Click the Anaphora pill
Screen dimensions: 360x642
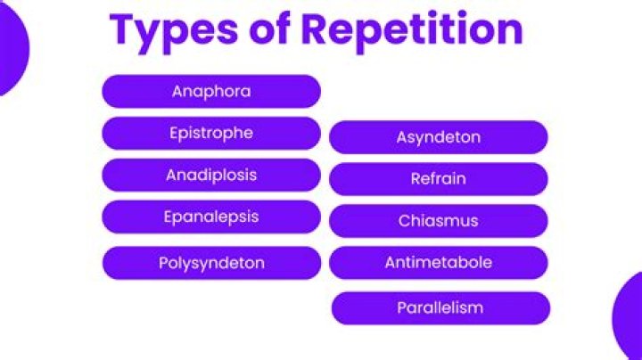pyautogui.click(x=210, y=91)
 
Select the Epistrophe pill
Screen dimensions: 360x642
pyautogui.click(x=210, y=133)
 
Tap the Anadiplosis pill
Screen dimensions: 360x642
pyautogui.click(x=210, y=175)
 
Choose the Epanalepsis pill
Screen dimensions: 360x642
pyautogui.click(x=210, y=217)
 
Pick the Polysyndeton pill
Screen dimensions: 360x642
pyautogui.click(x=210, y=263)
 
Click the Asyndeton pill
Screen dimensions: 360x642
pyautogui.click(x=438, y=137)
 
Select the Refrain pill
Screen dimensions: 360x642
pyautogui.click(x=438, y=179)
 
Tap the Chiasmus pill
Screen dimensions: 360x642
pyautogui.click(x=438, y=221)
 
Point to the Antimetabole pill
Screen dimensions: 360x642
pyautogui.click(x=438, y=263)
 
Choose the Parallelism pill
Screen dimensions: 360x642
pyautogui.click(x=440, y=307)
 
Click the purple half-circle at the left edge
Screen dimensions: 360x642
pyautogui.click(x=11, y=49)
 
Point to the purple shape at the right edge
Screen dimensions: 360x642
pyautogui.click(x=629, y=316)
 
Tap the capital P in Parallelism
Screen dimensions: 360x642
pyautogui.click(x=401, y=307)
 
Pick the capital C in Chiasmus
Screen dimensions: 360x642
pyautogui.click(x=404, y=221)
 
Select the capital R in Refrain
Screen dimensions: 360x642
pyautogui.click(x=416, y=179)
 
